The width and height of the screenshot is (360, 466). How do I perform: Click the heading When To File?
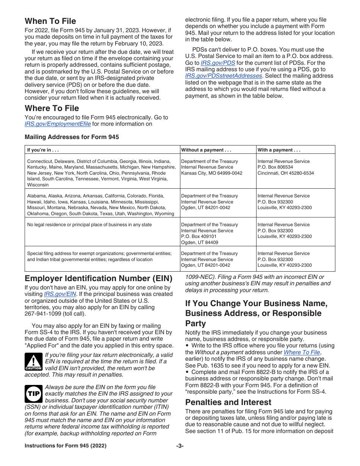pos(50,21)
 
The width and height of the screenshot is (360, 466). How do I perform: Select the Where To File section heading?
pos(52,108)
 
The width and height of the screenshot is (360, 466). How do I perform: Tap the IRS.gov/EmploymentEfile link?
pos(58,124)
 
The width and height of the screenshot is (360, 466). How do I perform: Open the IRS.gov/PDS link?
pos(218,63)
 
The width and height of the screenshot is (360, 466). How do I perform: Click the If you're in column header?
pos(43,150)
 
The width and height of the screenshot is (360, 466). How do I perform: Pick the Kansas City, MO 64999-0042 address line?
pos(211,173)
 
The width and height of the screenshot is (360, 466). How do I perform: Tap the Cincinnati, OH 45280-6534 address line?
pos(286,173)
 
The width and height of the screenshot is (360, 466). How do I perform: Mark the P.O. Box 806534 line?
pos(275,167)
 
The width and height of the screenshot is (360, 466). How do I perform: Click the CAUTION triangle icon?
pos(33,361)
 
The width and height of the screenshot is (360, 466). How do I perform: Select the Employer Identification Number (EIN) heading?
pos(99,278)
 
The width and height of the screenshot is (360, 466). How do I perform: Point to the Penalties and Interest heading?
pos(228,402)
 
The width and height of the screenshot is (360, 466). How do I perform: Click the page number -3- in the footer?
pos(180,446)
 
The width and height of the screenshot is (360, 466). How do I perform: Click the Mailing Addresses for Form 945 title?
pos(72,137)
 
